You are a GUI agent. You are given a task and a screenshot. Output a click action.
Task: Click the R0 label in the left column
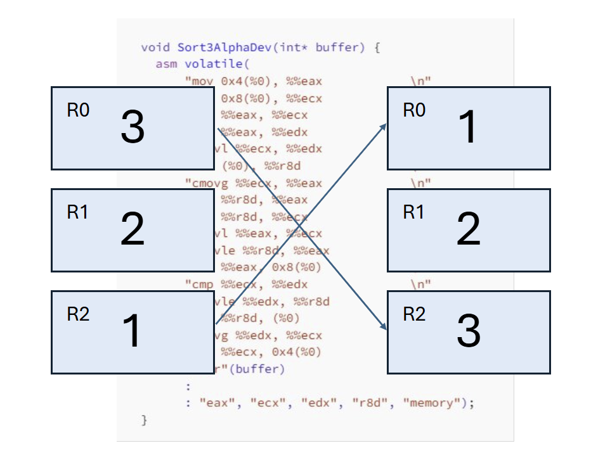[x=78, y=110]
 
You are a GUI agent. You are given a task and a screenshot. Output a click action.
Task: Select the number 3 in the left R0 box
[x=133, y=128]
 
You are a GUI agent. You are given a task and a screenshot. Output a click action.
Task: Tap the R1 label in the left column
[x=78, y=212]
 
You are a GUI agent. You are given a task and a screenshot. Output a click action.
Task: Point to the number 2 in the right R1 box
[x=468, y=230]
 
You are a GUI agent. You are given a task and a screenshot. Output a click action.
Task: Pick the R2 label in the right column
[x=414, y=314]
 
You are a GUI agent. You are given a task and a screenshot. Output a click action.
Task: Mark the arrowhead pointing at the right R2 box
[x=384, y=327]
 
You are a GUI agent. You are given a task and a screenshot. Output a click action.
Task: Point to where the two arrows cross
[x=300, y=225]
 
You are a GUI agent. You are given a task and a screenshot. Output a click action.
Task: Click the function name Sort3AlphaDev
[x=212, y=48]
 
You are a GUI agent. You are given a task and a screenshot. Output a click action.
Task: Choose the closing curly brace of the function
[x=144, y=420]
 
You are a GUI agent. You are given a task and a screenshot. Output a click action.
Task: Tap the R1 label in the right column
[x=414, y=212]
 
